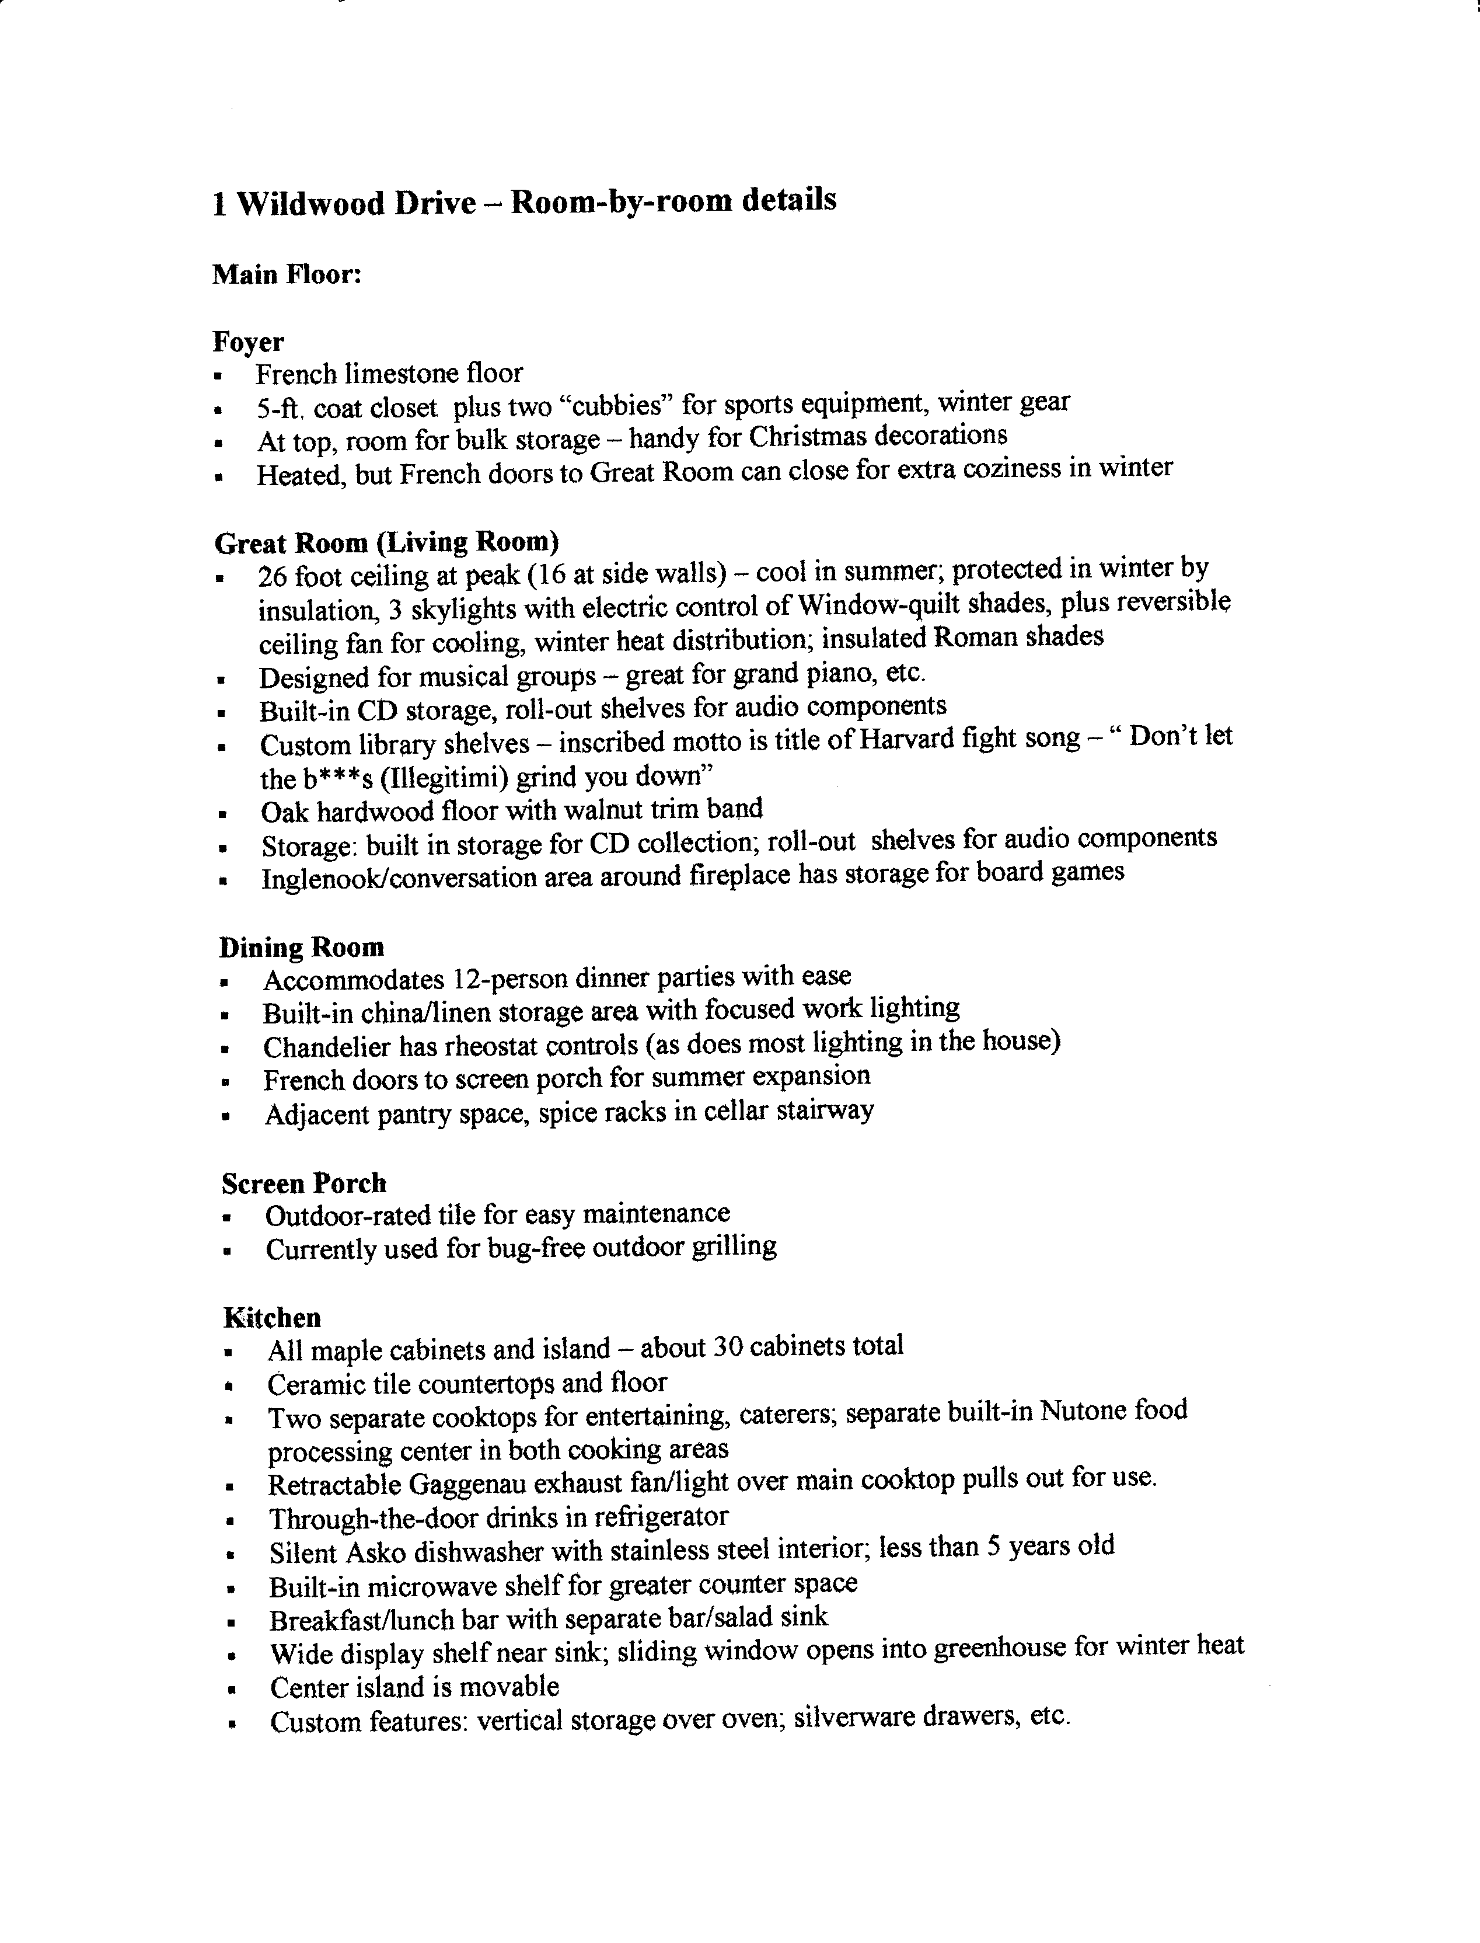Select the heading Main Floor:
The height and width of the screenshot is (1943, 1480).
point(287,275)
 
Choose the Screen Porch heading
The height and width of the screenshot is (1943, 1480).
point(304,1182)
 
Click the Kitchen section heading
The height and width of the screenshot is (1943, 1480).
point(272,1317)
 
